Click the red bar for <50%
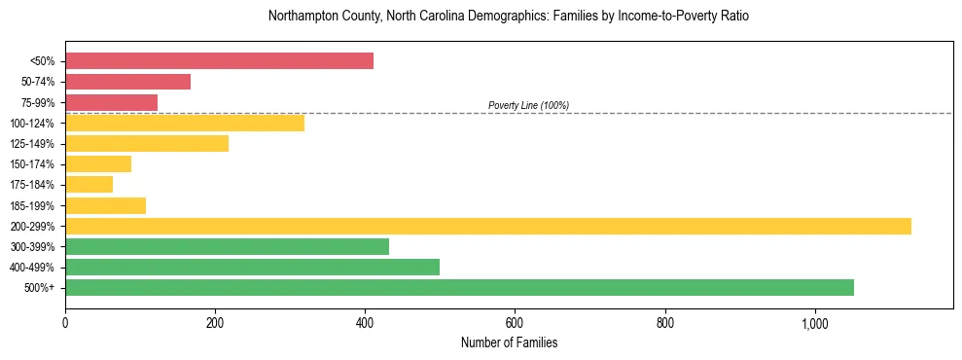219,61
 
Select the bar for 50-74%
127,82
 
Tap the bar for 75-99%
111,102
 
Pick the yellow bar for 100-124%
185,123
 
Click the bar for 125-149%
147,144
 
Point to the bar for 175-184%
89,185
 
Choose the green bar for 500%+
459,288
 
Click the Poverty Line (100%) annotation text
528,105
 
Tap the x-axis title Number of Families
509,342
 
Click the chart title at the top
509,17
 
